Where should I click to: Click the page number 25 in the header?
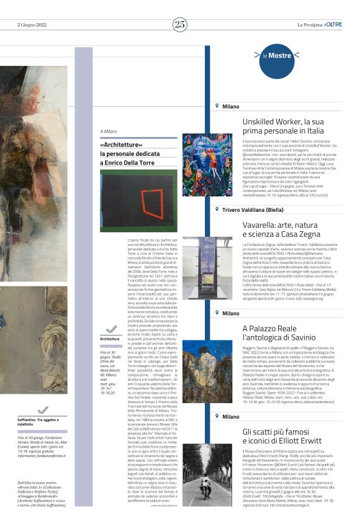point(180,24)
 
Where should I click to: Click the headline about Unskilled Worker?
point(282,126)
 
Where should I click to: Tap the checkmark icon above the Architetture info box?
point(111,329)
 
